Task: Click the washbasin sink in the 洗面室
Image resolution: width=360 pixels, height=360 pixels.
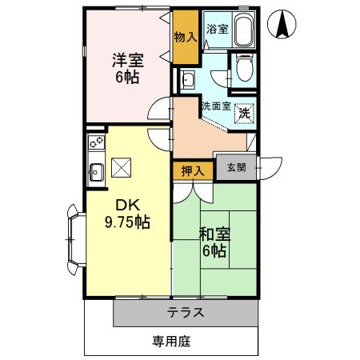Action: [188, 79]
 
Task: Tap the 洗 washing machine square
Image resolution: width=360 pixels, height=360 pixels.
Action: [244, 114]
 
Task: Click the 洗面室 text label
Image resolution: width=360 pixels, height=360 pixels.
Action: [215, 106]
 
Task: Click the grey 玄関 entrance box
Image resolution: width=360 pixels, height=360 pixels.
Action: [236, 167]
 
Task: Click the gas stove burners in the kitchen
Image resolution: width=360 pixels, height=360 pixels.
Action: [97, 145]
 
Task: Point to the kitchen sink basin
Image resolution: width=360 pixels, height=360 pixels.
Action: [95, 170]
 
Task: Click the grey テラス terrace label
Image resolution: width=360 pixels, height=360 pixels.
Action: [186, 312]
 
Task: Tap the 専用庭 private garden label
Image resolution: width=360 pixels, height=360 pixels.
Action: [172, 341]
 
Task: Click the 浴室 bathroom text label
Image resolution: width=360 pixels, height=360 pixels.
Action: [216, 29]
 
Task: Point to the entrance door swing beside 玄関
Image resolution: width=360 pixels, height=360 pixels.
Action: [267, 167]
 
